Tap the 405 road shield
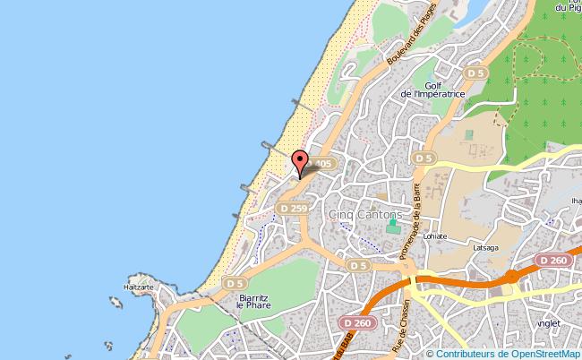click(x=323, y=164)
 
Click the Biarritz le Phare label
click(x=252, y=301)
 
